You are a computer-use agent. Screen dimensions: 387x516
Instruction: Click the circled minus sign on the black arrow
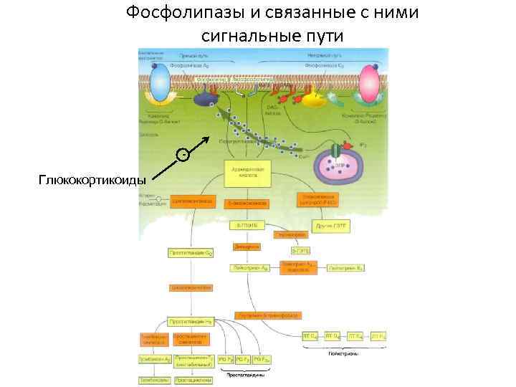tap(185, 153)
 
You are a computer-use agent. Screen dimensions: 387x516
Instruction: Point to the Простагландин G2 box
tap(190, 253)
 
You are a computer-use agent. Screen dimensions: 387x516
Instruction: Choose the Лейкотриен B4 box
tap(346, 267)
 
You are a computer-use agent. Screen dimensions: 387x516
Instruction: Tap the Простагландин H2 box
tap(190, 322)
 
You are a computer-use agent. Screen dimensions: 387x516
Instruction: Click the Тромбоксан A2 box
tap(155, 358)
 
